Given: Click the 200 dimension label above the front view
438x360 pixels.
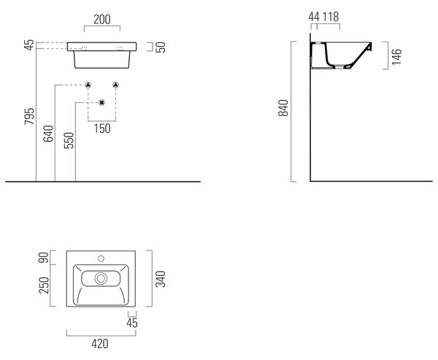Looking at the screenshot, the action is click(102, 20).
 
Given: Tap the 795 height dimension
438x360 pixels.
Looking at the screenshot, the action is click(29, 116).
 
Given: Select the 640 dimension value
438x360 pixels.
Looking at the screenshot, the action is click(48, 134).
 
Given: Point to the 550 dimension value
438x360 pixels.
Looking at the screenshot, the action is click(69, 140).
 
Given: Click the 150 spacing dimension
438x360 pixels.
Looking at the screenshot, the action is click(102, 129).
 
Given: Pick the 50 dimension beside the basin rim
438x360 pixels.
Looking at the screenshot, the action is click(161, 47).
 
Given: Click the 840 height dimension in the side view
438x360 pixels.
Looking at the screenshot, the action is click(283, 108).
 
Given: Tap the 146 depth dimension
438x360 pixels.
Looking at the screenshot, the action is click(396, 57).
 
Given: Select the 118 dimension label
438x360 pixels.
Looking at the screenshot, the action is click(331, 17).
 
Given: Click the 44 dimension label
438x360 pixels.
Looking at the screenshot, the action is click(314, 17).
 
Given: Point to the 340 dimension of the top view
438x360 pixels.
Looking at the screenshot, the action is click(161, 279).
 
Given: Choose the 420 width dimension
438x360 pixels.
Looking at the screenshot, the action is click(100, 344).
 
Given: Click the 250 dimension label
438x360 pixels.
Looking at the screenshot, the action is click(44, 285).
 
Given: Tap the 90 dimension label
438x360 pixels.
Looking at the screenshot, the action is click(44, 258).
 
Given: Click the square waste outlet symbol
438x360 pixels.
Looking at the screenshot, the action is click(102, 102).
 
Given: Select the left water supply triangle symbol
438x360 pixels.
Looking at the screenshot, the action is click(88, 85).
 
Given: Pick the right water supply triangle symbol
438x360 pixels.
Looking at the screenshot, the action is click(115, 85).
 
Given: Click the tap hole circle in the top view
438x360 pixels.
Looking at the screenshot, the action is click(101, 258).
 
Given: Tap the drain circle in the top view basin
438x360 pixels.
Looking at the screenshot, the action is click(101, 278).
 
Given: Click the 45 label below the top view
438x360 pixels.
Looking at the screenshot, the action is click(132, 323).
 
